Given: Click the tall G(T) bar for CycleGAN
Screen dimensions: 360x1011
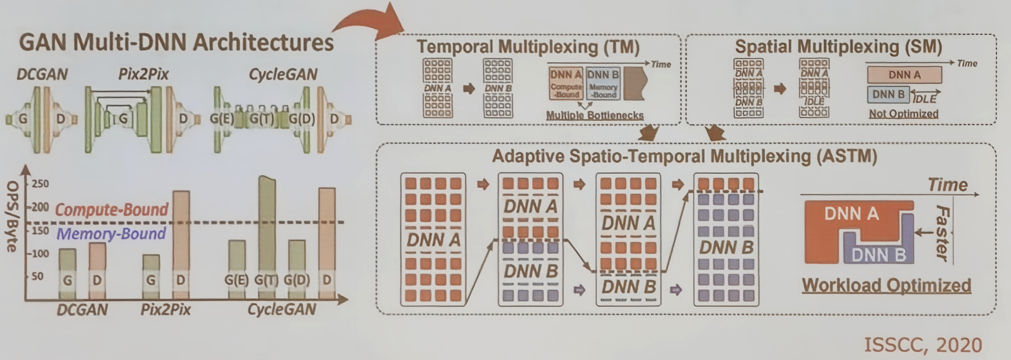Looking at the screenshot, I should pyautogui.click(x=267, y=236).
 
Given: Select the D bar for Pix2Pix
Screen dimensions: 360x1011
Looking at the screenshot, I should pyautogui.click(x=181, y=243).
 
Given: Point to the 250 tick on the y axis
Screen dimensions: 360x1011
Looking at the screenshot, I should pyautogui.click(x=40, y=184).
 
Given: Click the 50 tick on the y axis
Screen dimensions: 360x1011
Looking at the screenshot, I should pyautogui.click(x=37, y=276).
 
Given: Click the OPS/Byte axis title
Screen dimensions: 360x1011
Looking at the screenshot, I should pyautogui.click(x=13, y=216).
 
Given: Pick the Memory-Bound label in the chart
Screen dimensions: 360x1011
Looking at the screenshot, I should pyautogui.click(x=111, y=234).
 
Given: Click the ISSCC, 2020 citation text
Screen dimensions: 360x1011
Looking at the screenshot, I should pyautogui.click(x=923, y=345).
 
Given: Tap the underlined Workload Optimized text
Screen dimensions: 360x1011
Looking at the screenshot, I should pyautogui.click(x=886, y=285).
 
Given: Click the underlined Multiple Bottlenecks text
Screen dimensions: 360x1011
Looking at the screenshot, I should pyautogui.click(x=594, y=115).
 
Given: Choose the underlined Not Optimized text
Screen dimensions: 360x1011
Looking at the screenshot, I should pyautogui.click(x=903, y=114).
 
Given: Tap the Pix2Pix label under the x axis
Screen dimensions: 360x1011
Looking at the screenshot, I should pyautogui.click(x=166, y=310).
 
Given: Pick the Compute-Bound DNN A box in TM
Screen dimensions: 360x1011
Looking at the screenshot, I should pyautogui.click(x=566, y=84).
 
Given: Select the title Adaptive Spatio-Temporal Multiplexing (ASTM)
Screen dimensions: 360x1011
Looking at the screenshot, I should pyautogui.click(x=684, y=156).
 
